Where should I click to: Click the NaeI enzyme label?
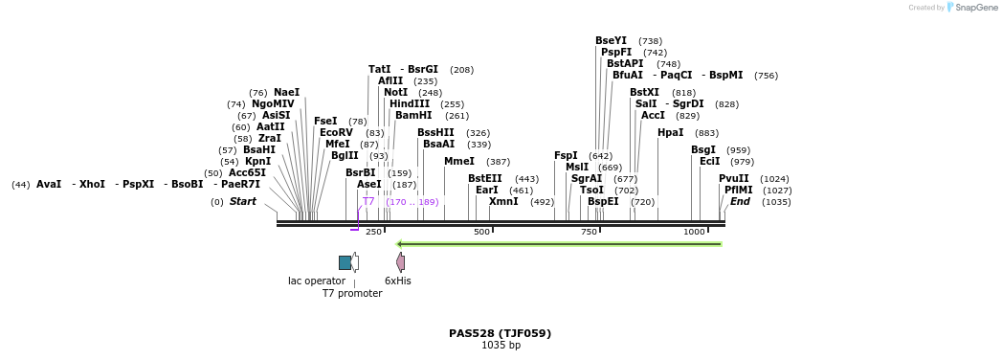(286, 93)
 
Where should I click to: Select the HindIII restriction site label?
(409, 104)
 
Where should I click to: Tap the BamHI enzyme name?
(413, 116)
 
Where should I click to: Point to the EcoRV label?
(336, 133)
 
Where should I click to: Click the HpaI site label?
(670, 133)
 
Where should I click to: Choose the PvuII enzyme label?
(733, 179)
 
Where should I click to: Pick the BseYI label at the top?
(611, 41)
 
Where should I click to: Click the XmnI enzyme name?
(503, 202)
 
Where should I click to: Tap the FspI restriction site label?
(566, 156)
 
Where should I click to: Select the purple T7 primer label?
(368, 202)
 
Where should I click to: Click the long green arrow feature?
(559, 244)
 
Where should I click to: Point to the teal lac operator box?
(345, 262)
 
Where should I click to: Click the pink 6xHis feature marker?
(400, 262)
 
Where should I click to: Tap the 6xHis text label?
(397, 281)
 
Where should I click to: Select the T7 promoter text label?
(352, 294)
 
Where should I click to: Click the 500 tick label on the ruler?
(481, 233)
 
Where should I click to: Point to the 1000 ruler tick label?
(694, 233)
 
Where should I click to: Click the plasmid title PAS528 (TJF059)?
(500, 333)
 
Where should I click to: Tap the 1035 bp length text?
(500, 346)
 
